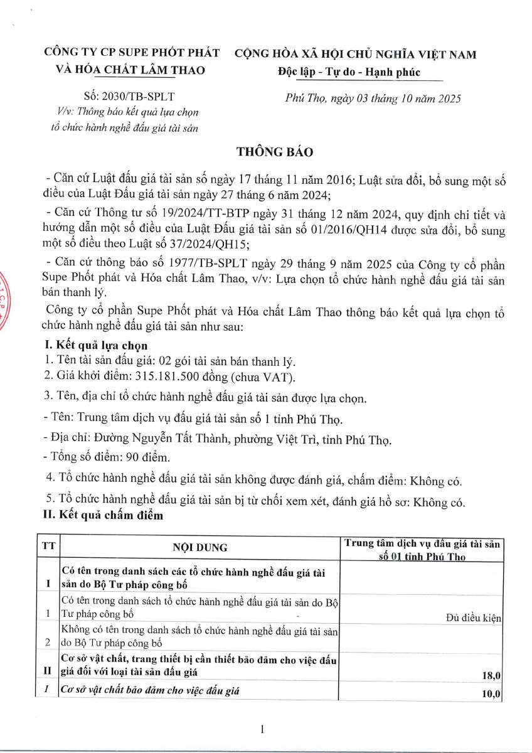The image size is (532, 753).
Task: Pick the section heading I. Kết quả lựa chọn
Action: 94,346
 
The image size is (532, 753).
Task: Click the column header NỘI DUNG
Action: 200,547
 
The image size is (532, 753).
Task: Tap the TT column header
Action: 48,545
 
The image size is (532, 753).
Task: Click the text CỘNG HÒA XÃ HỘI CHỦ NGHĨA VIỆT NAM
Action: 355,55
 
